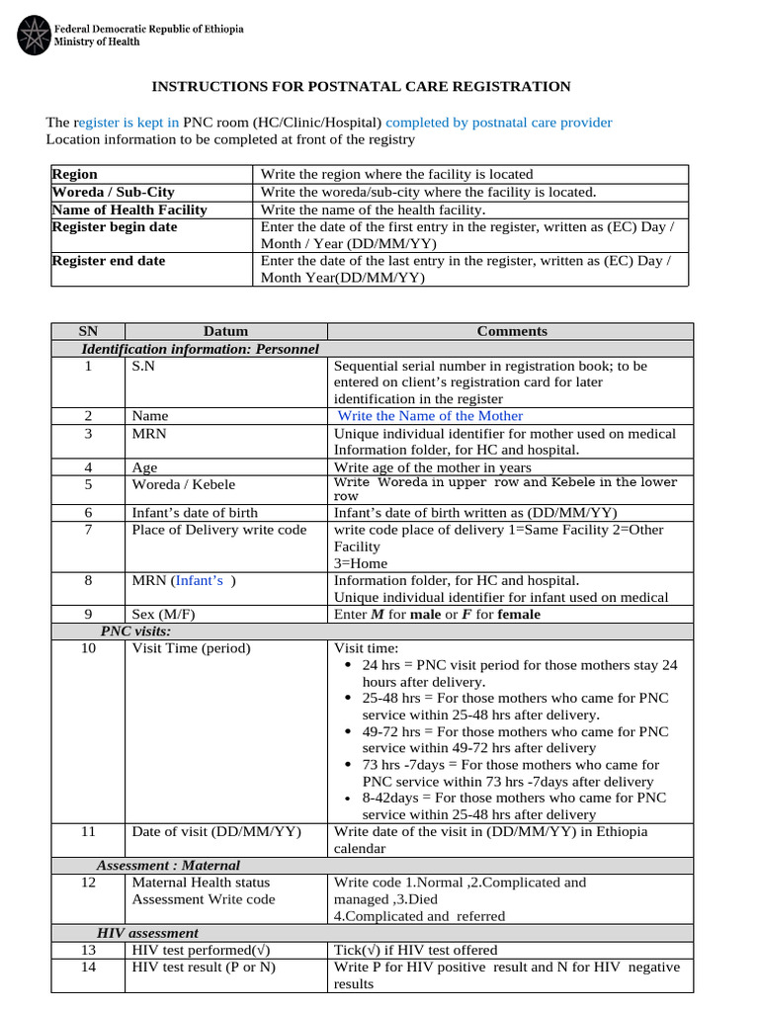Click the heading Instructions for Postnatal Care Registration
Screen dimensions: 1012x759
pyautogui.click(x=360, y=86)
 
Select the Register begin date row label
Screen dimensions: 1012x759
pyautogui.click(x=115, y=227)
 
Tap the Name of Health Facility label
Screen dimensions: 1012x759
pyautogui.click(x=129, y=210)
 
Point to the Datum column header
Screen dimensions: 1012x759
pyautogui.click(x=225, y=331)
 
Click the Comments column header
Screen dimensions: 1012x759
pyautogui.click(x=511, y=331)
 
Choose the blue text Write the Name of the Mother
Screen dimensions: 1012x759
pyautogui.click(x=431, y=416)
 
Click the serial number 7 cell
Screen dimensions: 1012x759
pyautogui.click(x=88, y=530)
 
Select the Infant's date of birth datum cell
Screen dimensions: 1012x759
pyautogui.click(x=195, y=513)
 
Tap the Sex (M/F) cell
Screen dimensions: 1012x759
pyautogui.click(x=164, y=614)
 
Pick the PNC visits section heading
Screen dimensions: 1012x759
pyautogui.click(x=135, y=631)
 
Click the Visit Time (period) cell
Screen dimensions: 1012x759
pyautogui.click(x=192, y=648)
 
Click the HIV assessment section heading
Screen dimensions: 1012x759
pyautogui.click(x=147, y=933)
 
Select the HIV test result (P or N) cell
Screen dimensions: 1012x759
pyautogui.click(x=204, y=967)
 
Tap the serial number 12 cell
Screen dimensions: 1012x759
pyautogui.click(x=88, y=883)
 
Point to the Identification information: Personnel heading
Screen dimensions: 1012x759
pyautogui.click(x=200, y=349)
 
